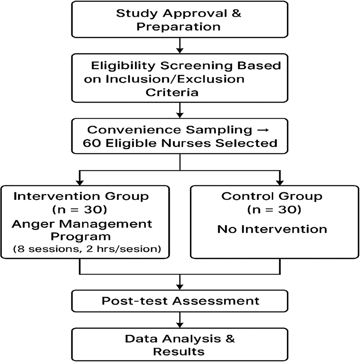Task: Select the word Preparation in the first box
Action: [x=180, y=27]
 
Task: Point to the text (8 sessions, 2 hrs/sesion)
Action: [x=80, y=250]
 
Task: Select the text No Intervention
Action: [x=272, y=229]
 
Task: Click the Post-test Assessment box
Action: [x=180, y=301]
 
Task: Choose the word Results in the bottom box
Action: [x=179, y=351]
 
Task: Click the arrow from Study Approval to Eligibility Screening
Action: [x=180, y=46]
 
